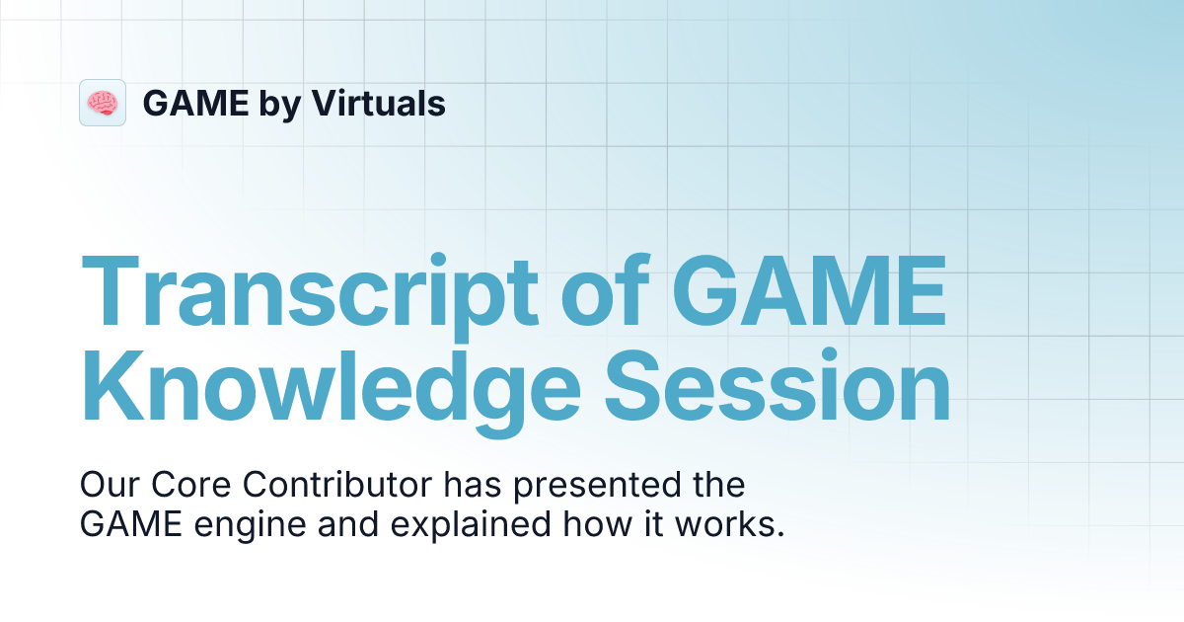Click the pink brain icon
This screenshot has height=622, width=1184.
[x=103, y=103]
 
